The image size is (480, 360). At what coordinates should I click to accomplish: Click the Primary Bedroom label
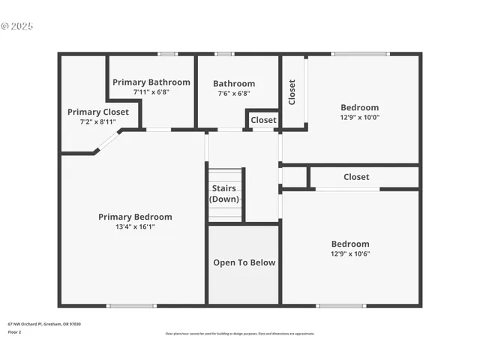tap(135, 217)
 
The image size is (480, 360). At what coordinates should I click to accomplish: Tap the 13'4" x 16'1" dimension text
tap(135, 226)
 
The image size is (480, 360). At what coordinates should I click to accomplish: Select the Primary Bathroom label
tap(151, 82)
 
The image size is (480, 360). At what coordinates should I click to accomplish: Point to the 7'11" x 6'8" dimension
tap(151, 92)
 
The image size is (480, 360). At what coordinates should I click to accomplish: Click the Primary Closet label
tap(98, 112)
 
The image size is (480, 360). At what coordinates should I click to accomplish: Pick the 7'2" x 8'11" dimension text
tap(98, 121)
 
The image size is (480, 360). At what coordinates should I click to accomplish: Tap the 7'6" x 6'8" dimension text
tap(234, 94)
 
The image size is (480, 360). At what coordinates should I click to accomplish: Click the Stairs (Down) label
tap(224, 193)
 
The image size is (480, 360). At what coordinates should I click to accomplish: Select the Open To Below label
tap(244, 262)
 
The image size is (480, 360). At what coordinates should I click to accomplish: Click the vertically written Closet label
tap(292, 92)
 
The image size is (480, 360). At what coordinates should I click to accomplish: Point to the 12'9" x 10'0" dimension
tap(360, 117)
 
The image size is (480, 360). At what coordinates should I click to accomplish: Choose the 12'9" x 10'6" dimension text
tap(350, 253)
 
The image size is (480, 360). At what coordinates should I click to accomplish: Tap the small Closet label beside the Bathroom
tap(263, 120)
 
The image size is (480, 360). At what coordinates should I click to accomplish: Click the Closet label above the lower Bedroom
tap(356, 177)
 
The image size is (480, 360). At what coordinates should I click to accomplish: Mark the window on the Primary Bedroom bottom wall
tap(131, 305)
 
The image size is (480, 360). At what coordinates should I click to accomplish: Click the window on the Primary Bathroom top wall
tap(167, 54)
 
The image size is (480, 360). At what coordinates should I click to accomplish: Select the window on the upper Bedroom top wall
tap(361, 54)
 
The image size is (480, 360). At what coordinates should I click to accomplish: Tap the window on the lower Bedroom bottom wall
tap(341, 305)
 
